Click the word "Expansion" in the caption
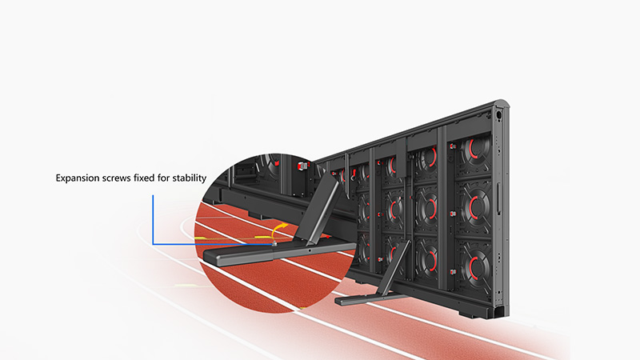77,178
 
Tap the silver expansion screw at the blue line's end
274,244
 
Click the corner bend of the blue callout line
153,244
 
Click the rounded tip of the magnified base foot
208,257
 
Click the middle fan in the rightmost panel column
474,207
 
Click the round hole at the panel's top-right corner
498,115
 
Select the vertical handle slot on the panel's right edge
498,198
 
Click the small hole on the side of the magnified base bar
310,250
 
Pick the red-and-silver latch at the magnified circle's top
302,166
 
